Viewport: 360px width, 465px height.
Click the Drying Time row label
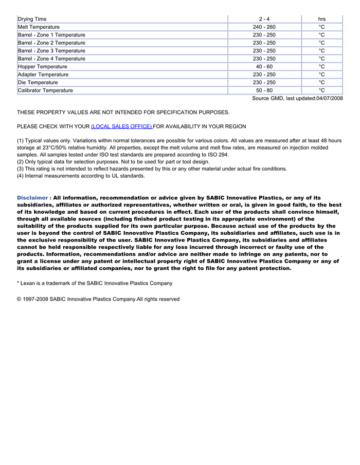pos(32,19)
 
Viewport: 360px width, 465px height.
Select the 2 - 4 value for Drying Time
pos(264,19)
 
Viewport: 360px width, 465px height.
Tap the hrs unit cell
pos(321,19)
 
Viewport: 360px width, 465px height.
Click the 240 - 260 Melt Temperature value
pos(264,27)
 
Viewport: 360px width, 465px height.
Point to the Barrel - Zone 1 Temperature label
pos(51,35)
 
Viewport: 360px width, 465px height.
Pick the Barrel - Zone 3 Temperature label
pos(51,51)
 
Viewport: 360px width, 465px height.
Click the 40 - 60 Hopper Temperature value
pos(264,67)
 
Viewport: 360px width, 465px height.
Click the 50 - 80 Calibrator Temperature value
pos(264,90)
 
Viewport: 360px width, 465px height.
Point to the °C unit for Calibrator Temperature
pos(321,90)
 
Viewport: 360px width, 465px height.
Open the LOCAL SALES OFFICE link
pos(121,126)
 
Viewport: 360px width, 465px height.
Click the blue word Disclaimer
pos(34,197)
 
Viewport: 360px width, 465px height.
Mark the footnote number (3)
pos(20,169)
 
